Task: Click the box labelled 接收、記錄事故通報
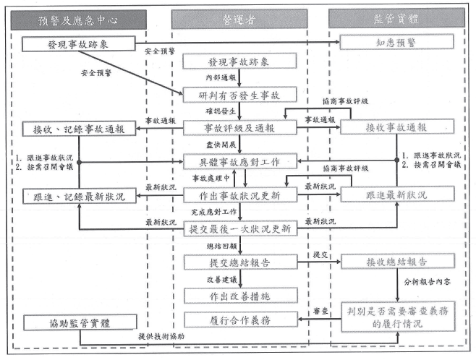click(x=79, y=130)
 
